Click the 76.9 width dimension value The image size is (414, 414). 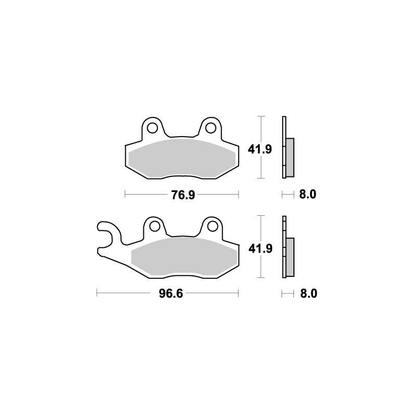(x=182, y=195)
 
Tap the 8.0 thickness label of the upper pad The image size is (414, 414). (x=307, y=195)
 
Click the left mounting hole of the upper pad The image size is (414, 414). (x=152, y=127)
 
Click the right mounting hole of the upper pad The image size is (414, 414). (x=210, y=127)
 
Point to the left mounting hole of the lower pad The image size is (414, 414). (x=153, y=226)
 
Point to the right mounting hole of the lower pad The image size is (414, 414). (x=211, y=226)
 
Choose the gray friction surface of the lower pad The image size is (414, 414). (x=184, y=257)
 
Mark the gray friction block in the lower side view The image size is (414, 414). (x=290, y=256)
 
